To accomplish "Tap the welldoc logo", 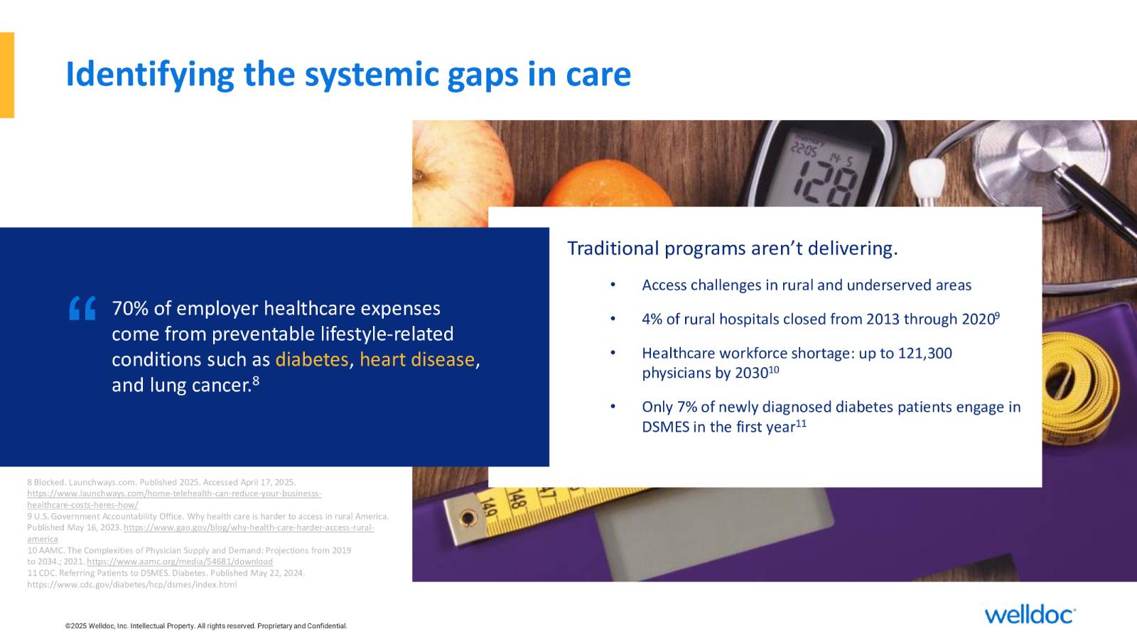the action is tap(1030, 614).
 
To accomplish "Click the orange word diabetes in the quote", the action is tap(312, 359).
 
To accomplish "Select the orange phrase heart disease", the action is tap(417, 359).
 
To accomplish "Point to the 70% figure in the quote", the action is tap(130, 308).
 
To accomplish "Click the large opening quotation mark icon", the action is tap(82, 308).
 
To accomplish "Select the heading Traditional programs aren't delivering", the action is tap(733, 248).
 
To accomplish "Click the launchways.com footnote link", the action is tap(174, 499).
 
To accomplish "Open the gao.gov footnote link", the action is tap(200, 533).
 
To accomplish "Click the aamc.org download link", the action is tap(180, 562).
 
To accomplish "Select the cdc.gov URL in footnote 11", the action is tap(132, 584).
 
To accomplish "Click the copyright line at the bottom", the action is tap(206, 626).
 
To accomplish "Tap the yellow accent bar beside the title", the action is tap(7, 75).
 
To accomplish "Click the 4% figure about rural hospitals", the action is tap(652, 319).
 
